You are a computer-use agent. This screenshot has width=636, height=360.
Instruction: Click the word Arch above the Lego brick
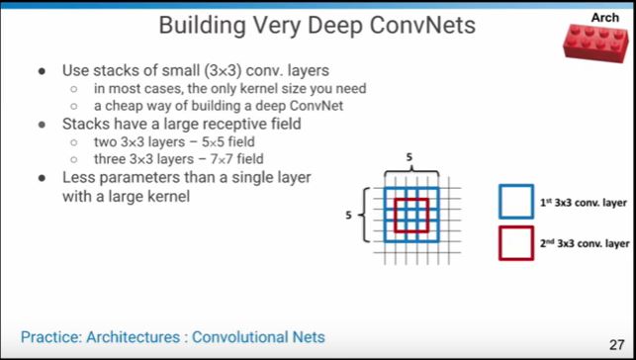pos(604,18)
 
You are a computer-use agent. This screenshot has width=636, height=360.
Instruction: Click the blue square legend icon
pos(515,201)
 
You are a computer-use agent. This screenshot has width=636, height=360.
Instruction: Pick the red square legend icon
pos(515,242)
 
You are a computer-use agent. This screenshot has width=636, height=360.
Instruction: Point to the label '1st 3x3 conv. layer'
pos(584,202)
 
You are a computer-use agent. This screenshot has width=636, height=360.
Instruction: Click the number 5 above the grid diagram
pos(409,157)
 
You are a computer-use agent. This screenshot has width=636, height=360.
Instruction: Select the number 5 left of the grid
pos(348,213)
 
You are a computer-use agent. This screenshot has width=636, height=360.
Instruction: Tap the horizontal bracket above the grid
pos(409,169)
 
